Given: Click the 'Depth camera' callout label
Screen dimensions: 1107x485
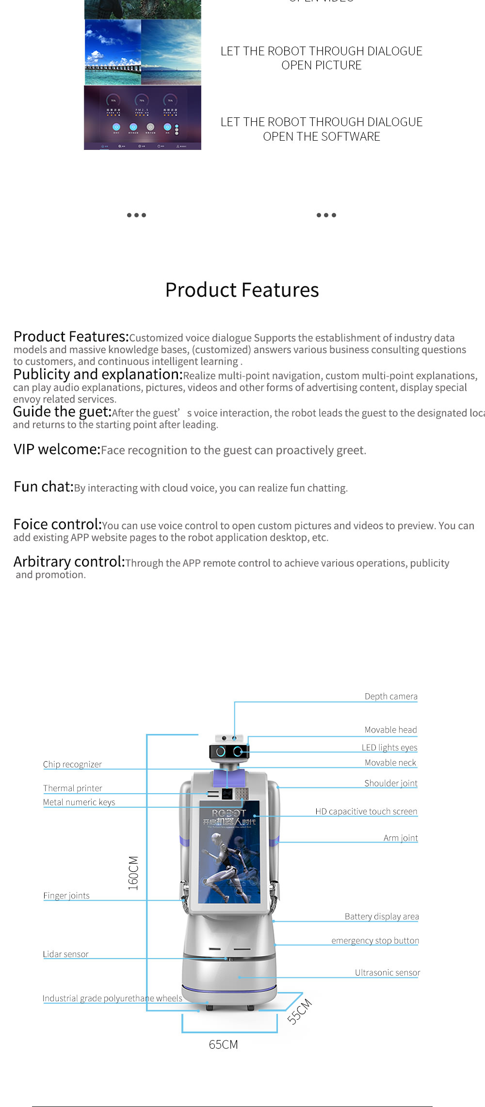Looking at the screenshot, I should tap(391, 696).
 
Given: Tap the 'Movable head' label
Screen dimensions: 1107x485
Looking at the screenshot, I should tap(390, 730).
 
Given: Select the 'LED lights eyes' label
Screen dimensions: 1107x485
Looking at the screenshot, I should tap(389, 747).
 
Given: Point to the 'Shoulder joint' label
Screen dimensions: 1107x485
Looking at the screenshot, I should tap(391, 783).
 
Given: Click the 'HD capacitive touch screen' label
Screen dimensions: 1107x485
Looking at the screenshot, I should tap(366, 811).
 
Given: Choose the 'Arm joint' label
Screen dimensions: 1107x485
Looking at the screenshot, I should tap(401, 838).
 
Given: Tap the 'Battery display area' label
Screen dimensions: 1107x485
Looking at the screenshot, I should tap(382, 916).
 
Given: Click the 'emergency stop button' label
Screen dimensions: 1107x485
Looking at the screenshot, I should tap(375, 941).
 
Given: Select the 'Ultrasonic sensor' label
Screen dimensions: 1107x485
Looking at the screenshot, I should tap(388, 972).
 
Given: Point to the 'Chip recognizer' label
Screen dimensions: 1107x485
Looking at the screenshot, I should tap(72, 764).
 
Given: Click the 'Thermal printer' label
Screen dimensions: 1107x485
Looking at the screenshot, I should tap(73, 788).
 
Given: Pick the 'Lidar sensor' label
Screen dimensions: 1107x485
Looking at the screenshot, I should tap(65, 954).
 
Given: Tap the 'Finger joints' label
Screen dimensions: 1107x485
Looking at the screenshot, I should tap(66, 895).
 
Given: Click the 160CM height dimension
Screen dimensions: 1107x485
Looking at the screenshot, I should tap(133, 873).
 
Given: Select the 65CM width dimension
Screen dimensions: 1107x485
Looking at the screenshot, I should tap(223, 1044).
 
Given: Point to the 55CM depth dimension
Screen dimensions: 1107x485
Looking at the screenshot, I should tap(299, 1011).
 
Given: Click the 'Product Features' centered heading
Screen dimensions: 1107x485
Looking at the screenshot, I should tap(242, 290).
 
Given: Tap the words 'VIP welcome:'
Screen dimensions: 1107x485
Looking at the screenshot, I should tap(57, 449).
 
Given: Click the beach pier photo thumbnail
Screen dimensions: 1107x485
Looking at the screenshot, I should tap(113, 52).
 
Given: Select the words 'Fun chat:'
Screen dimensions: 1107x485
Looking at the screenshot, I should tap(43, 487).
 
